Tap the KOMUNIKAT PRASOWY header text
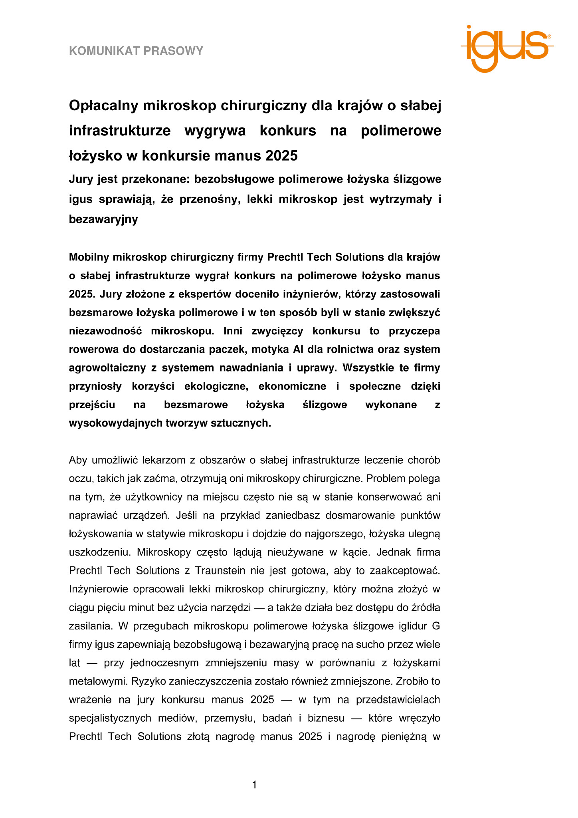point(136,51)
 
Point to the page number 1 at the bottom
point(255,785)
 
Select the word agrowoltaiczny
point(107,368)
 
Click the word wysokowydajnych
point(116,423)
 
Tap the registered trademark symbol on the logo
point(549,36)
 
